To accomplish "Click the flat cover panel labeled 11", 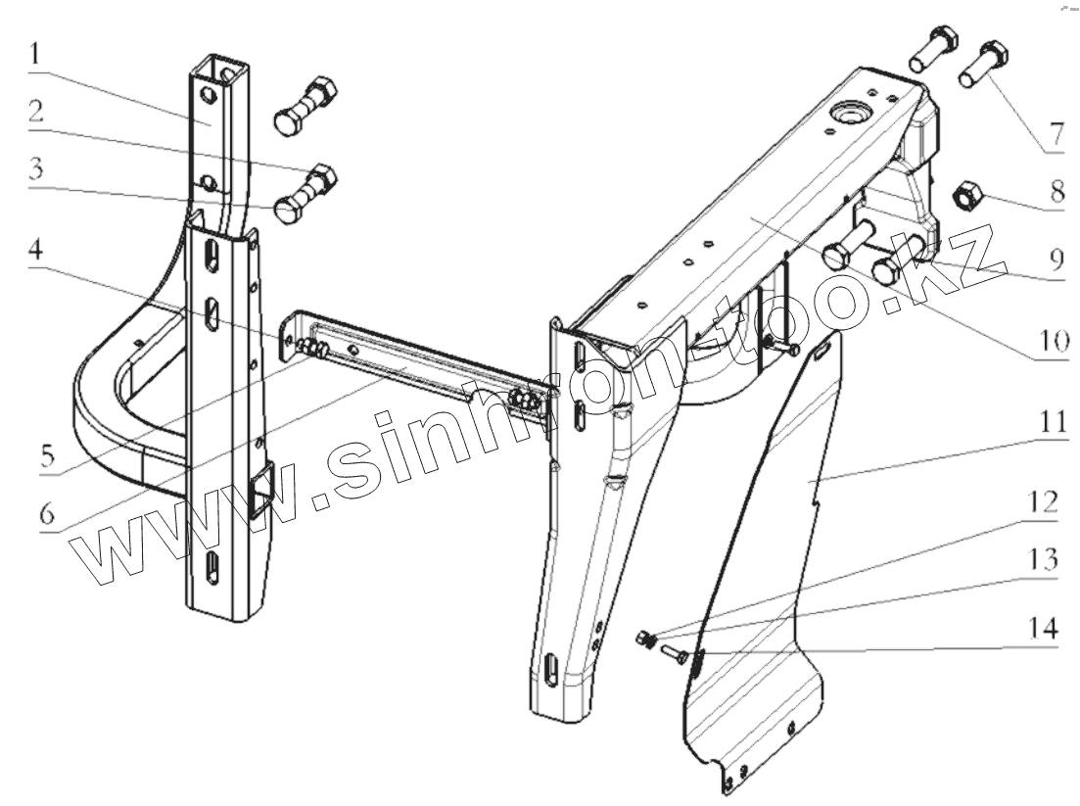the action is (x=774, y=548).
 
